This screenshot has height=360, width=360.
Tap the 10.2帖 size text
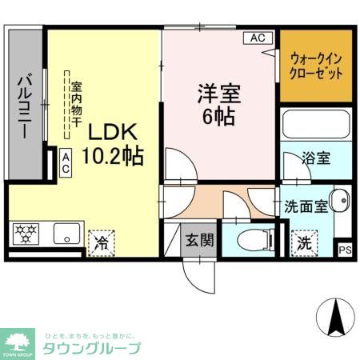point(112,155)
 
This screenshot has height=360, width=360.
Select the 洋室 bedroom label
point(218,94)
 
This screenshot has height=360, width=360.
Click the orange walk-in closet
point(316,66)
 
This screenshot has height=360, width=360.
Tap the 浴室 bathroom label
point(316,158)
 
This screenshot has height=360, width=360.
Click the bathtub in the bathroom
point(316,127)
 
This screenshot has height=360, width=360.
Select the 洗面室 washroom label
point(306,205)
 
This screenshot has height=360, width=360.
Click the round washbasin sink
point(339,200)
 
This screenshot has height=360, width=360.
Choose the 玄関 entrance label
point(198,239)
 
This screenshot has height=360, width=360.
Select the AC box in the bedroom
point(257,38)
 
